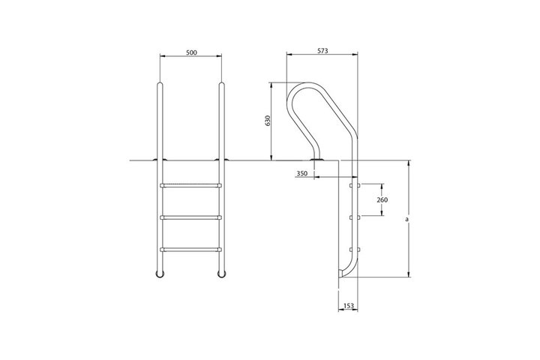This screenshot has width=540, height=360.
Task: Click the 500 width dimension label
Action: (x=191, y=52)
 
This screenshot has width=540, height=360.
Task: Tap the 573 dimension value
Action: (x=322, y=51)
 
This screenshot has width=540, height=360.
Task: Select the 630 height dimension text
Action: (x=268, y=121)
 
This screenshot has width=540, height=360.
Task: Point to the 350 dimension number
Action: (x=301, y=174)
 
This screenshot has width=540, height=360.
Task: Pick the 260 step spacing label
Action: (x=382, y=199)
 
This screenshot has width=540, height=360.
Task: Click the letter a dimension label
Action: (x=406, y=219)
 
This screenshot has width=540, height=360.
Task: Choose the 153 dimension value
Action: (x=349, y=305)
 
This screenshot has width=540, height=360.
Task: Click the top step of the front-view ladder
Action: (x=190, y=186)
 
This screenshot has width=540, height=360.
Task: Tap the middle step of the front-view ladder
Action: (x=190, y=217)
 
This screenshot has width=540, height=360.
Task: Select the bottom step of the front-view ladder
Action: (x=190, y=250)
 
